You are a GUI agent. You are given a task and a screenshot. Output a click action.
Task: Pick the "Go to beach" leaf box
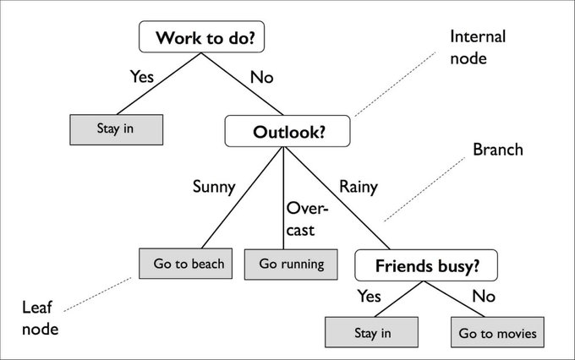click(189, 264)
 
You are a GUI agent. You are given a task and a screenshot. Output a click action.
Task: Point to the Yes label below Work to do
click(141, 77)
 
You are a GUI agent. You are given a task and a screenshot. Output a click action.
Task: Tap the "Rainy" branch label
click(359, 187)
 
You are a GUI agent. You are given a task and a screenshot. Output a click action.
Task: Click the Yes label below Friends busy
click(370, 296)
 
